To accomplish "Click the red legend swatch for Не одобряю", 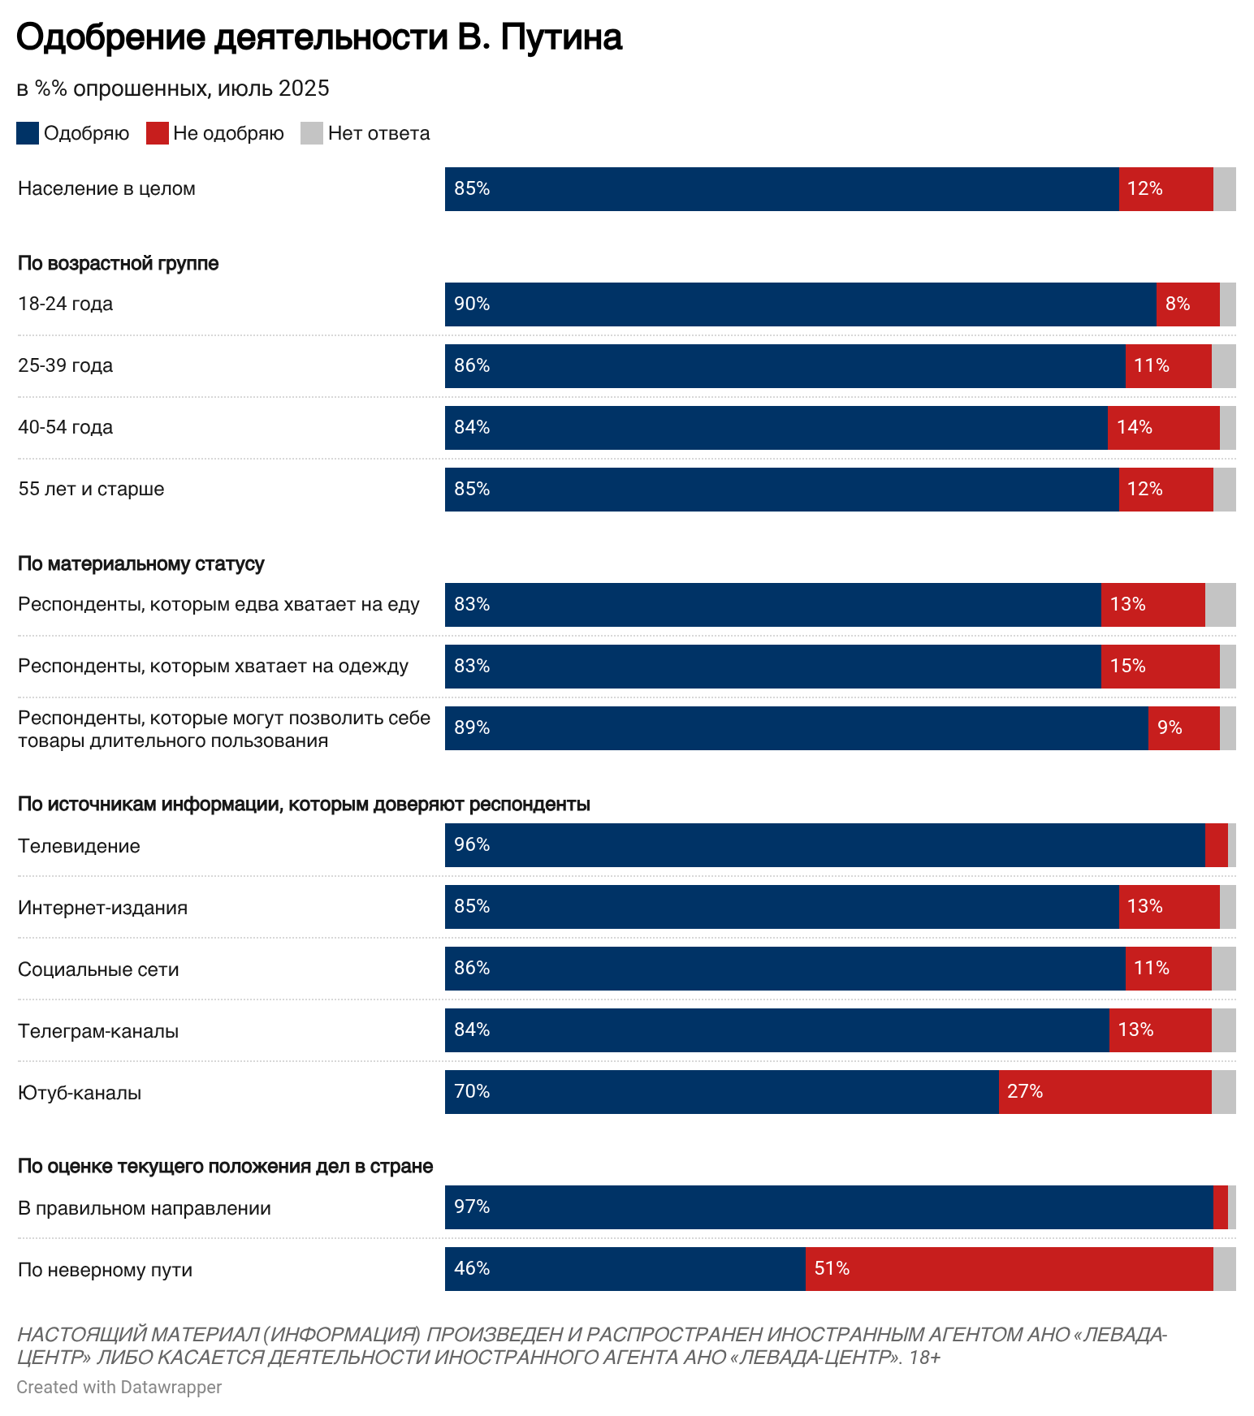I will [157, 133].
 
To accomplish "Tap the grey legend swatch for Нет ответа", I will [311, 133].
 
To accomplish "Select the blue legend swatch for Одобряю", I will [28, 133].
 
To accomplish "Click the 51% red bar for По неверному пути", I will [1009, 1269].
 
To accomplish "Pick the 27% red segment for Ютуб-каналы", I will [1105, 1092].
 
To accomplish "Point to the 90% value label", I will [472, 304].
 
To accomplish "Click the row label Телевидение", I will [79, 846].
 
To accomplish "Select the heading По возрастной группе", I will [118, 263].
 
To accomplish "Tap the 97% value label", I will [472, 1207].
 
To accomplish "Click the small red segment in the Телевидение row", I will [1216, 845].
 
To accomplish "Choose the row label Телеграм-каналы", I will [98, 1031].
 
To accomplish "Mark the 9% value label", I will [1170, 728].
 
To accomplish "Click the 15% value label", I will [1127, 667].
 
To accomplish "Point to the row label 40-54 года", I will [66, 427].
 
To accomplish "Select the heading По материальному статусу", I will [141, 563].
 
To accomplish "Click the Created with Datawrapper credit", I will [119, 1387].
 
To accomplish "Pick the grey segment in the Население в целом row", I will [1224, 189].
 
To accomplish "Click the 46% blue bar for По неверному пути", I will [625, 1269].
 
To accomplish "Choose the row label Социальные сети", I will [98, 969].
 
